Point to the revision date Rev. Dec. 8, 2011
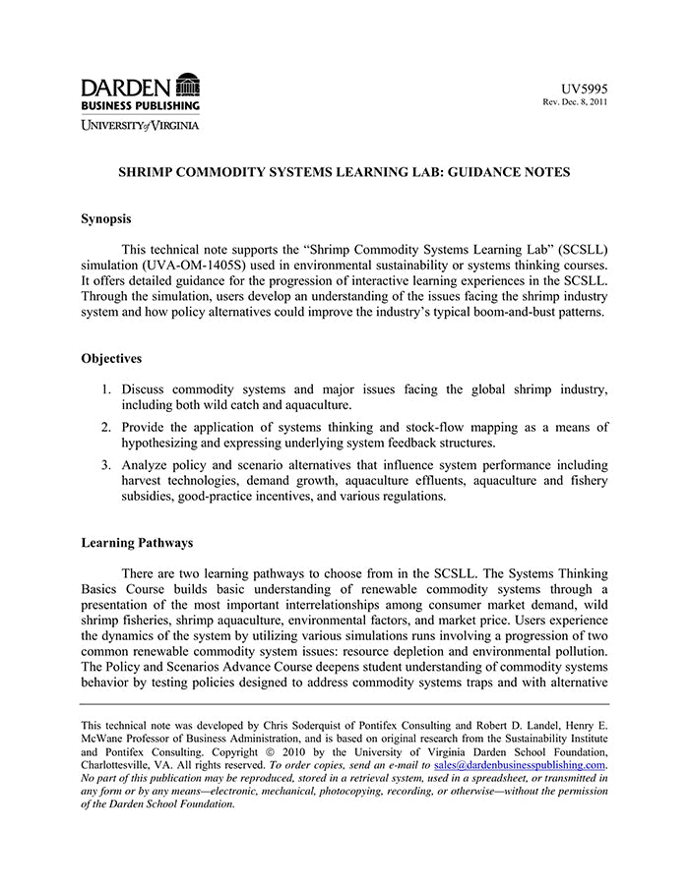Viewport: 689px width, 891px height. (576, 102)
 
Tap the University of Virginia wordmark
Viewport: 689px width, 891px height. (140, 125)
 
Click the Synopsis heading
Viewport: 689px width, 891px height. (106, 218)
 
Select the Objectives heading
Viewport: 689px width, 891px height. (111, 358)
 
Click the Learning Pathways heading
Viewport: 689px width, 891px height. (137, 542)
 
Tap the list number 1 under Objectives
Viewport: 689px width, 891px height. (106, 388)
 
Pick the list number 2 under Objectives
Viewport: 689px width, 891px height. (106, 427)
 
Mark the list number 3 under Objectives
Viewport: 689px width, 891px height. (106, 464)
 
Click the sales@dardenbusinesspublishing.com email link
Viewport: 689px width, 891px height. (520, 764)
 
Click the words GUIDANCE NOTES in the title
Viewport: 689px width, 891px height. (513, 171)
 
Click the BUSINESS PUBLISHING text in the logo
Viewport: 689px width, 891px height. (140, 105)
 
